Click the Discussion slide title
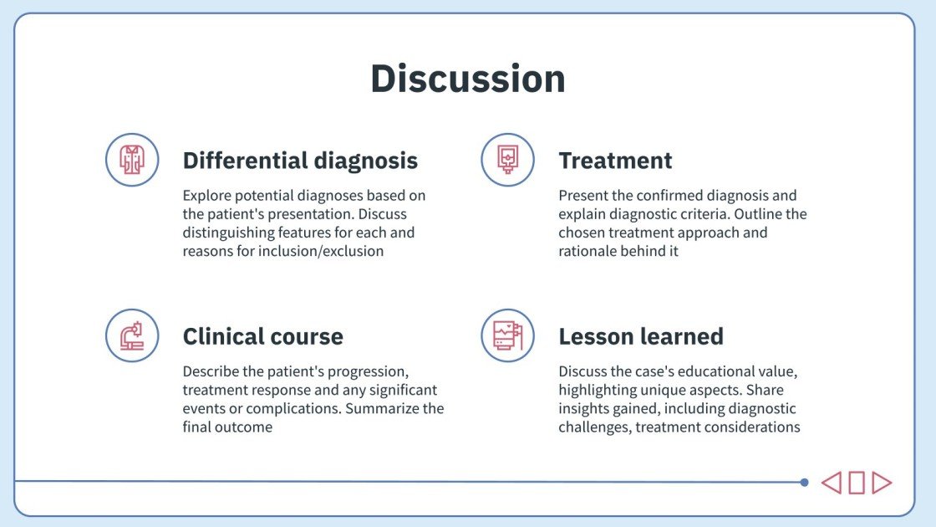468,79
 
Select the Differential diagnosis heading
300,160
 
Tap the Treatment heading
615,160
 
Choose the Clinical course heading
262,336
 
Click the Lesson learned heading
641,336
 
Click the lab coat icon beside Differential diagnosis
132,160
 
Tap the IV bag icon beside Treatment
507,160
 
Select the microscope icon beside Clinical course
132,335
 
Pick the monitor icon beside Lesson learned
507,335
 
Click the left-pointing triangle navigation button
831,483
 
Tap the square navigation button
857,483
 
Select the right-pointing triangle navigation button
882,483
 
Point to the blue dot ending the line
804,483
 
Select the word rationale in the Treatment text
588,251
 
